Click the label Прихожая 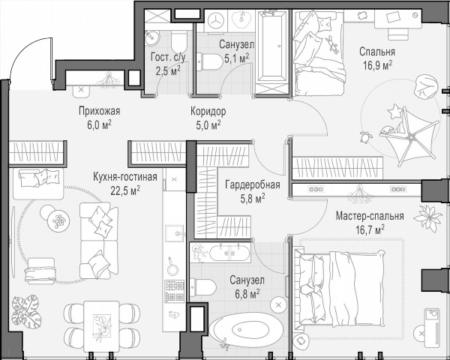pyautogui.click(x=99, y=111)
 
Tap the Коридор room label pyautogui.click(x=208, y=111)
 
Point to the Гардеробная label pyautogui.click(x=253, y=184)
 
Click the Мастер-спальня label pyautogui.click(x=370, y=215)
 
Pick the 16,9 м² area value pyautogui.click(x=378, y=66)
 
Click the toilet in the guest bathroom pyautogui.click(x=179, y=42)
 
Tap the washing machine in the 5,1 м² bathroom pyautogui.click(x=215, y=21)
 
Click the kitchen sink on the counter pyautogui.click(x=174, y=233)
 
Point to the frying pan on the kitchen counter pyautogui.click(x=172, y=267)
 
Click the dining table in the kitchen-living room pyautogui.click(x=101, y=325)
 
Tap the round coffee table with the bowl pyautogui.click(x=58, y=220)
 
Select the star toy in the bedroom pyautogui.click(x=394, y=111)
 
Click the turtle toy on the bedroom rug pyautogui.click(x=365, y=137)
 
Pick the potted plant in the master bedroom pyautogui.click(x=427, y=217)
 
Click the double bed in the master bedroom pyautogui.click(x=340, y=288)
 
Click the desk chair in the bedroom pyautogui.click(x=397, y=34)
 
